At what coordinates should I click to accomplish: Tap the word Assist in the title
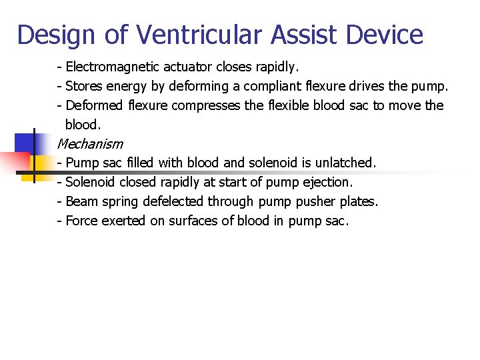290,35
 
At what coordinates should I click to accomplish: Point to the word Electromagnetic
110,67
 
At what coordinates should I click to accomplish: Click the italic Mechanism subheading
90,143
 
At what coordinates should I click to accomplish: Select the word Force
82,221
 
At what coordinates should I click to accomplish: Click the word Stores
83,87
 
